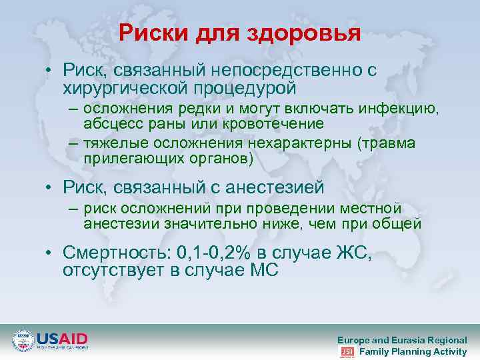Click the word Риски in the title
(154, 33)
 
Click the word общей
(398, 224)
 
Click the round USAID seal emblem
(23, 340)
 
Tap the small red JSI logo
(347, 351)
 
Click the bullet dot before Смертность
(49, 255)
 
